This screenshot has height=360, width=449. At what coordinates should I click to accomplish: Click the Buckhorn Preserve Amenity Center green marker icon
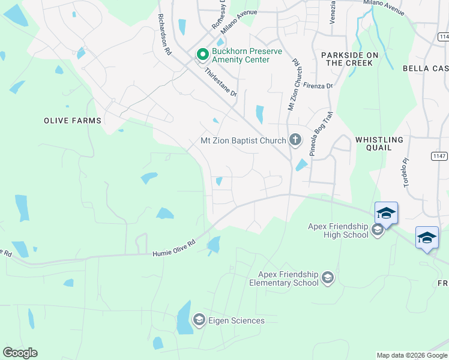pos(203,55)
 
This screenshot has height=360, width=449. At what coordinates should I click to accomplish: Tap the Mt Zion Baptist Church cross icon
pos(295,140)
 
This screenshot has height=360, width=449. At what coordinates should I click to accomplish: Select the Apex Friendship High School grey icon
pos(378,230)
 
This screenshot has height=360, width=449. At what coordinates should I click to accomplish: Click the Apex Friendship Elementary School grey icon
pos(327,278)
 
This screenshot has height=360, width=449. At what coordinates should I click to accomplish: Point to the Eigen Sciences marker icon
pos(199,320)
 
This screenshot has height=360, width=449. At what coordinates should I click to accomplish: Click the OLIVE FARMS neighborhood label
pos(73,121)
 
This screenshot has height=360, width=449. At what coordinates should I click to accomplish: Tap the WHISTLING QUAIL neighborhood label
pos(382,143)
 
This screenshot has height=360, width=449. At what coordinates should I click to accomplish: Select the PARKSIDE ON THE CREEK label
pos(350,59)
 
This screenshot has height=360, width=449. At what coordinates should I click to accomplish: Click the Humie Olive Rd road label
pos(175,249)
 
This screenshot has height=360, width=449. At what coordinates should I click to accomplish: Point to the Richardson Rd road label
pos(166,35)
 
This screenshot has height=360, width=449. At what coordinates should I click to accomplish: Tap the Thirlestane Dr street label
pos(221,82)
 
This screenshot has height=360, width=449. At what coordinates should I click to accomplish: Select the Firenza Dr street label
pos(318,85)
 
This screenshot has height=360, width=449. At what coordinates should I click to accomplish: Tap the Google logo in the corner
pos(20,353)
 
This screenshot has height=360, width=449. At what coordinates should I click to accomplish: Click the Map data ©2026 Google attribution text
pos(411,355)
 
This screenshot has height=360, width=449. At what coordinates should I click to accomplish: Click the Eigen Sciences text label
pos(237,320)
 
